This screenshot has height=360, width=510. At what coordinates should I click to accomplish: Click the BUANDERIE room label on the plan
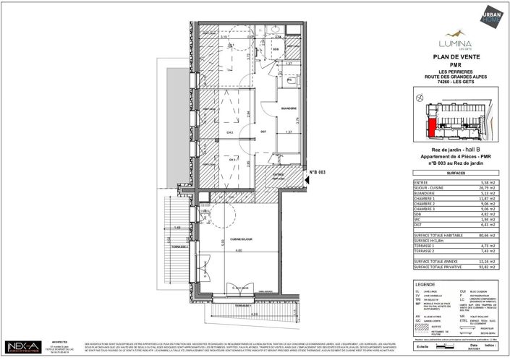(x=289, y=106)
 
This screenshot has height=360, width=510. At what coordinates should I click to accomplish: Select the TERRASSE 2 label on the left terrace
(x=179, y=247)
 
